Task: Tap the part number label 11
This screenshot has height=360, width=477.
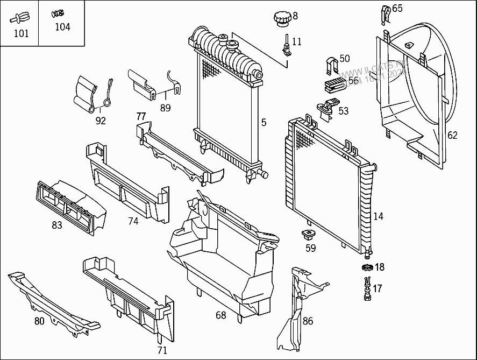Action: (x=297, y=41)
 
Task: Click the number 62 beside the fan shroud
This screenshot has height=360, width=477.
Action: (x=452, y=135)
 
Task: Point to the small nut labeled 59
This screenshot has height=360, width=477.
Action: (x=309, y=235)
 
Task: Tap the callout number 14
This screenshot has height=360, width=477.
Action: (x=378, y=216)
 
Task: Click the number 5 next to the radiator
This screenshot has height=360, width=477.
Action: (x=264, y=123)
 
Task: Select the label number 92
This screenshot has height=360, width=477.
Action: (x=101, y=121)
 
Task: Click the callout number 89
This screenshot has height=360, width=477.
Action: (x=165, y=108)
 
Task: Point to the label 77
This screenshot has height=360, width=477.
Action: (x=141, y=116)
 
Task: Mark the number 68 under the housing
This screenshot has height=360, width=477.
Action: (x=221, y=315)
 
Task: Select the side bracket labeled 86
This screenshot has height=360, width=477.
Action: (x=293, y=312)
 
